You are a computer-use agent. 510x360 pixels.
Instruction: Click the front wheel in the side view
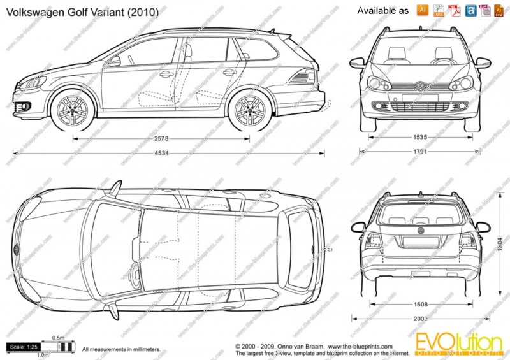[x=73, y=110]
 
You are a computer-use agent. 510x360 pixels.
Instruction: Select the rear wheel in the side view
[x=249, y=110]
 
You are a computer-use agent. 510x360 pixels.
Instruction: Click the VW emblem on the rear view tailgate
[x=420, y=230]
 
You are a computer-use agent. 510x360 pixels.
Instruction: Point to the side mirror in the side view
[x=115, y=61]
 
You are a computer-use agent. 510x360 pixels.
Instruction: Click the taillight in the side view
[x=302, y=78]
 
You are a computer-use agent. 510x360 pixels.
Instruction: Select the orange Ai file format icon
[x=422, y=10]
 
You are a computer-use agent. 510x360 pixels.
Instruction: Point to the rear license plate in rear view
[x=420, y=241]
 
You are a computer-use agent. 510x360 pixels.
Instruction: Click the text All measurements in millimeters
[x=122, y=350]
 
